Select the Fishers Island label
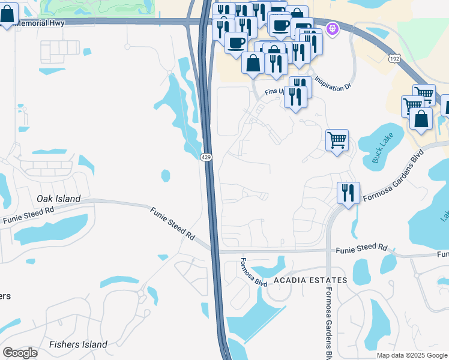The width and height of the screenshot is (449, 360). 78,344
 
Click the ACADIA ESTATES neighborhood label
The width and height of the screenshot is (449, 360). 310,280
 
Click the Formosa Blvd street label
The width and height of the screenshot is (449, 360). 253,272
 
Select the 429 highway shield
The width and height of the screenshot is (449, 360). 206,157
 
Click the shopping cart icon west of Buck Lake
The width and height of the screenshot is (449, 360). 337,140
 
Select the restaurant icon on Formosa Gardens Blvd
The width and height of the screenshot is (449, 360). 348,193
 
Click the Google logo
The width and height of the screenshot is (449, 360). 20,352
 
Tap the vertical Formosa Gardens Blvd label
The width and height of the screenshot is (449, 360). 328,318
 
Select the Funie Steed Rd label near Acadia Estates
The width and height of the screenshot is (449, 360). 361,247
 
